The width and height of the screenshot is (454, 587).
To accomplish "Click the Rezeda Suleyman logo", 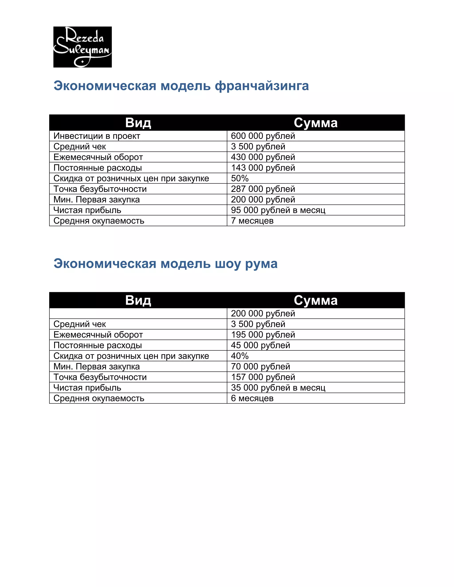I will click(x=82, y=47).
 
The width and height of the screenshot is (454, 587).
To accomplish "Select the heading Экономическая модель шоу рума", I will click(x=165, y=264).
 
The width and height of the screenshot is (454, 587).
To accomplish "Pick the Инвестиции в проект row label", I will click(x=97, y=136).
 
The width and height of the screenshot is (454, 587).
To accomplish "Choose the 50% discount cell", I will click(x=240, y=179).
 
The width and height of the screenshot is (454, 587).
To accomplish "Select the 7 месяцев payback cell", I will click(x=252, y=221).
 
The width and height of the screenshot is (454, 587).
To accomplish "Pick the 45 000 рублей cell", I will click(x=260, y=345).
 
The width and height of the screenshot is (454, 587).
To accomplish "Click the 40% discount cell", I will click(x=240, y=356).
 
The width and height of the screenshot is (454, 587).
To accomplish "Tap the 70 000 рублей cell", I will click(x=260, y=367).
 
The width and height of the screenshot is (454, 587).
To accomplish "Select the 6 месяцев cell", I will click(x=252, y=398).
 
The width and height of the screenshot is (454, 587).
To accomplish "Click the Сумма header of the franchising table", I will click(x=315, y=123).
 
